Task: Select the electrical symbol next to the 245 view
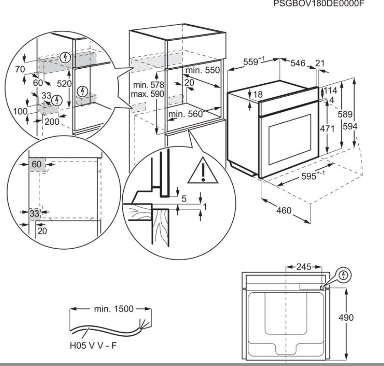coord(345,276)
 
